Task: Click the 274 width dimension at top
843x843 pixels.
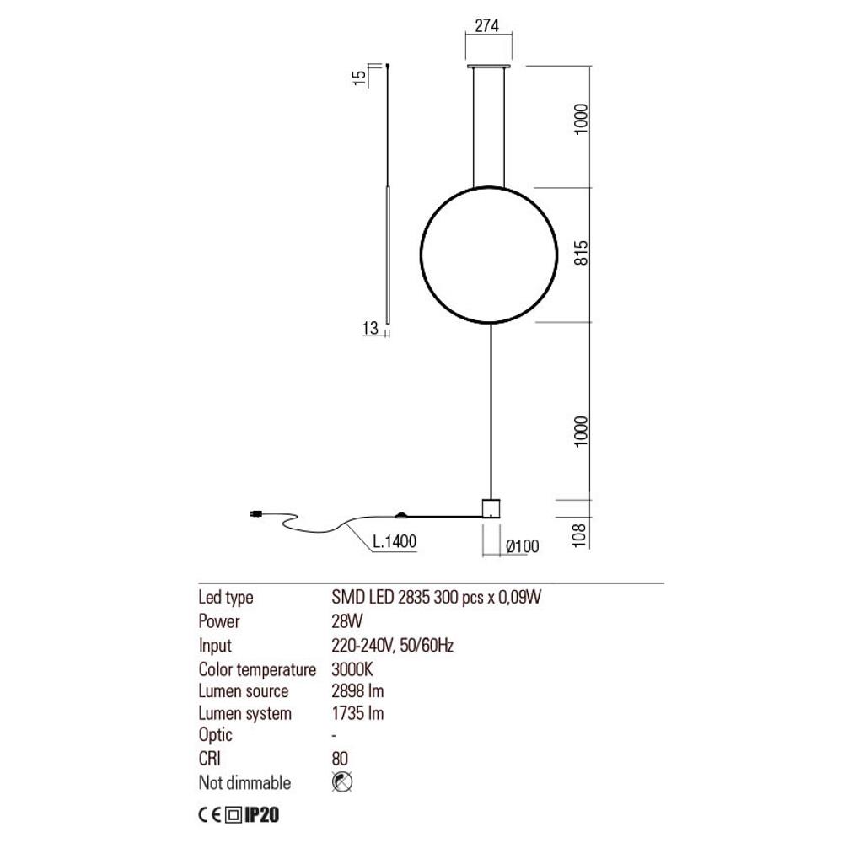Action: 487,25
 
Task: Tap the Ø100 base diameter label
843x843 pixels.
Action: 521,546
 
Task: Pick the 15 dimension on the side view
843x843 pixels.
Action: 360,78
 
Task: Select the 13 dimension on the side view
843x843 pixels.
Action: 369,330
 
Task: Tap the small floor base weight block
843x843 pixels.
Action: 491,507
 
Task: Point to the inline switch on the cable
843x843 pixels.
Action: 401,513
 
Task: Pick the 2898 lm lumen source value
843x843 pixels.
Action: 358,691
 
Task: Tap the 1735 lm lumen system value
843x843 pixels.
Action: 358,714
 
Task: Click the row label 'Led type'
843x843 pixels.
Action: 225,599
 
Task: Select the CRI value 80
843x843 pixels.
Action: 340,760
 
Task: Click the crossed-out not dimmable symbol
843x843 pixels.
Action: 343,782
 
